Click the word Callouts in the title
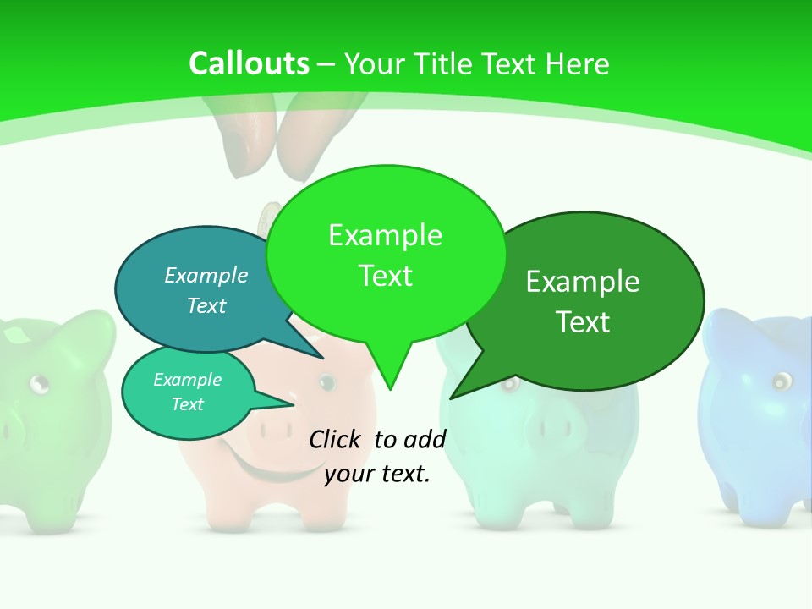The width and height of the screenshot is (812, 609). pos(249,63)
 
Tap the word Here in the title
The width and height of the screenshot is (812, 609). pos(578,63)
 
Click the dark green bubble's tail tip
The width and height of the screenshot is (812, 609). pos(453,397)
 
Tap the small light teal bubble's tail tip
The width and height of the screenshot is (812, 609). pos(292,405)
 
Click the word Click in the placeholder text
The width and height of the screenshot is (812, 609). pos(337,439)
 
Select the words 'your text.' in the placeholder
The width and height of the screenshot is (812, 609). pos(377,474)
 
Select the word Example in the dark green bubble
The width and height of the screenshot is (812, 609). pos(583,282)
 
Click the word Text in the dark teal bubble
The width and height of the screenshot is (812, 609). pos(206,305)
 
